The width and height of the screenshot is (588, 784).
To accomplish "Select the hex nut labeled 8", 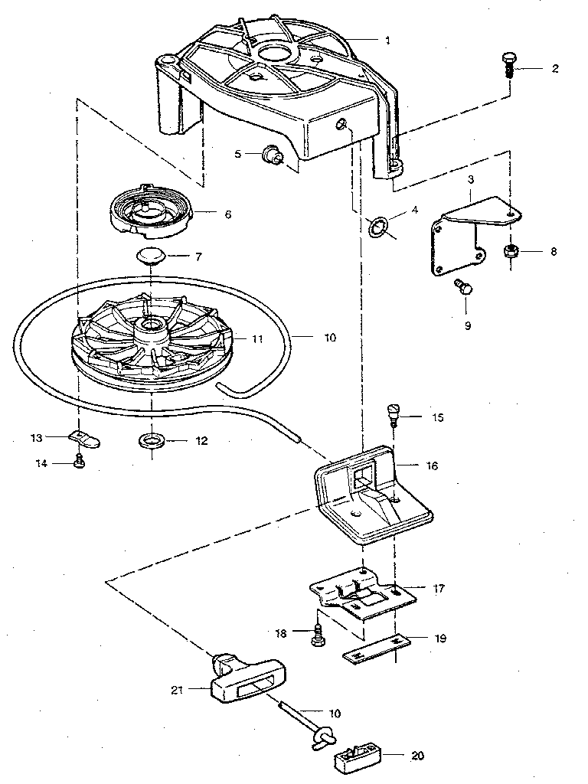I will tap(510, 251).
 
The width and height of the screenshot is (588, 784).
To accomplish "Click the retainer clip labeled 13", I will tap(84, 438).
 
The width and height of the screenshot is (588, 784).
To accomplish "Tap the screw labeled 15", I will tap(393, 414).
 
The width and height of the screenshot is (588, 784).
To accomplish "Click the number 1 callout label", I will tap(387, 39).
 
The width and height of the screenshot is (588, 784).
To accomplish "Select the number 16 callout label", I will tap(433, 465).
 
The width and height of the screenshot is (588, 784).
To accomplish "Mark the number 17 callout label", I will tap(439, 590).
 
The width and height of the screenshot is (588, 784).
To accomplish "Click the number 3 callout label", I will tap(472, 178).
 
